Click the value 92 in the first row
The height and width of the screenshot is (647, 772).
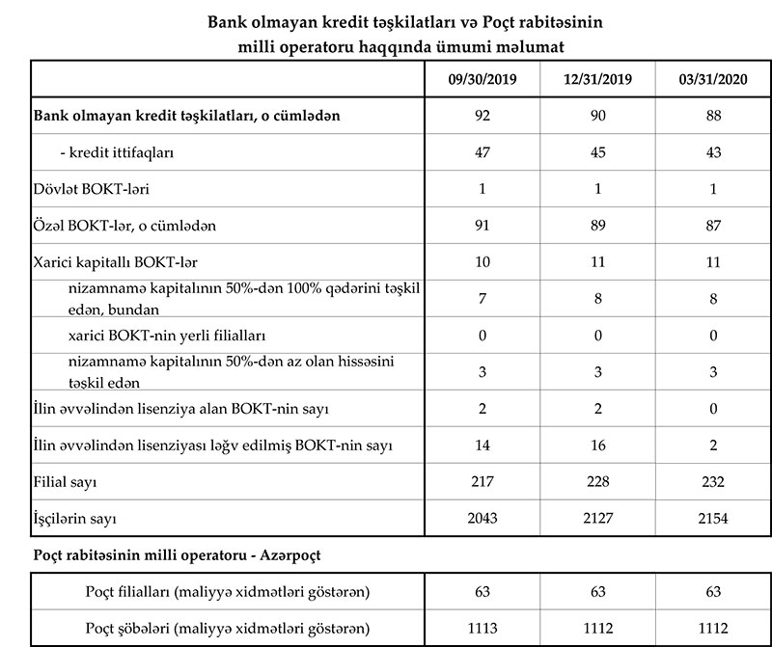483,116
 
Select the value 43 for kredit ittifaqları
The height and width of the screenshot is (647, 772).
713,152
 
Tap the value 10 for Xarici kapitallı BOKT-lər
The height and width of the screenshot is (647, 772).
483,262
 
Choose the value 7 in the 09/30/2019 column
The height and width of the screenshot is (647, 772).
483,299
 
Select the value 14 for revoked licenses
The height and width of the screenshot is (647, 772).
483,445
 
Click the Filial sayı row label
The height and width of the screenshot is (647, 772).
66,481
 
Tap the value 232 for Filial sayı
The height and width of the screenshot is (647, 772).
713,481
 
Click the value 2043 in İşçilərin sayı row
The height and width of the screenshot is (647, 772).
483,518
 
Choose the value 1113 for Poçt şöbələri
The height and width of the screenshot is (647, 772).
483,628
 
